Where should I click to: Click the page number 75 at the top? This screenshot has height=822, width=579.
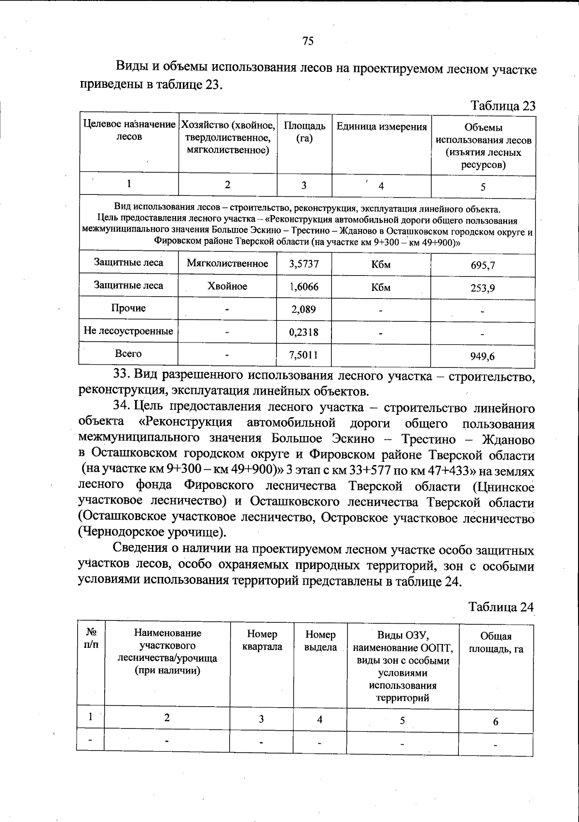(308, 41)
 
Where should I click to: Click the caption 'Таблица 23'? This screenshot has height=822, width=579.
(503, 106)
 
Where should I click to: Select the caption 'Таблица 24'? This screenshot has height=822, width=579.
(501, 607)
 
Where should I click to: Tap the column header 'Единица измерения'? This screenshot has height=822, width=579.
(381, 127)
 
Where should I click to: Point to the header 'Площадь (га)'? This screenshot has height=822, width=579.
(304, 132)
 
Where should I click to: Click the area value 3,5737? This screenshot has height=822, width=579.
(303, 264)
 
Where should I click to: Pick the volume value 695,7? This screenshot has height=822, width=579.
(482, 265)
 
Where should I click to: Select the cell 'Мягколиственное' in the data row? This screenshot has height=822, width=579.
(227, 263)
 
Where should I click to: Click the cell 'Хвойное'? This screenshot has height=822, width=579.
(227, 286)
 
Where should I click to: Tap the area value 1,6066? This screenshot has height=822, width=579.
(303, 287)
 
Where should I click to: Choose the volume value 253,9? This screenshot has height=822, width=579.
(482, 288)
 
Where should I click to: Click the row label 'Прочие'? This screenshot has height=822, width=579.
(128, 308)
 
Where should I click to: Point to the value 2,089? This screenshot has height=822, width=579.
(303, 309)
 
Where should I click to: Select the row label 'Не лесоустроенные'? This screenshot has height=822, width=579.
(128, 331)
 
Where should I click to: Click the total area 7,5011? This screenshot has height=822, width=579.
(303, 356)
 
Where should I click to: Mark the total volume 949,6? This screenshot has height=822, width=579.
(482, 356)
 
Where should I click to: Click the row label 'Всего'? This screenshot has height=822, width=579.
(128, 354)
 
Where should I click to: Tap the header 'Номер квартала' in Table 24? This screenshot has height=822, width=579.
(262, 640)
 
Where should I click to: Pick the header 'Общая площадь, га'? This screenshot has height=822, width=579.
(496, 643)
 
